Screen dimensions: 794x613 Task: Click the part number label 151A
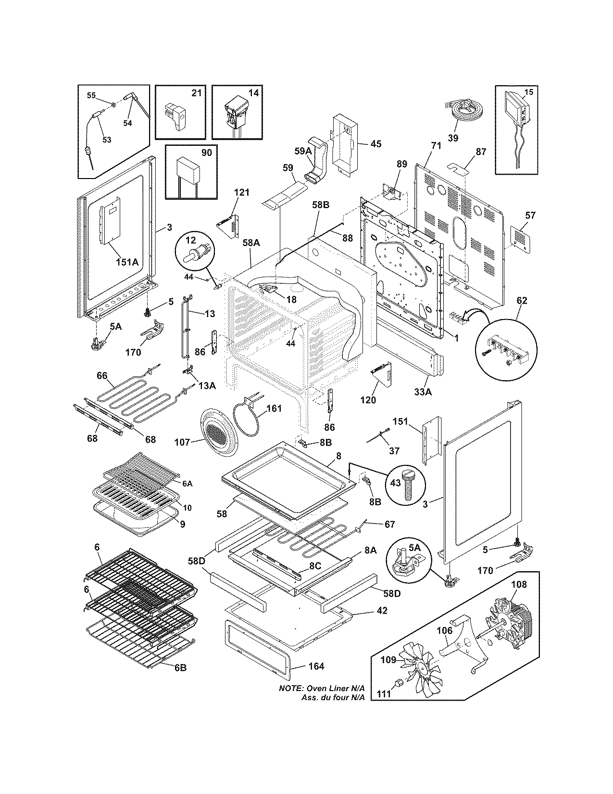tap(127, 262)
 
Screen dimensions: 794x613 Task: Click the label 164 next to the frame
tap(316, 666)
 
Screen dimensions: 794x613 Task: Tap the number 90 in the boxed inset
tap(206, 153)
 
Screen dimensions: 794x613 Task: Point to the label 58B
tap(320, 205)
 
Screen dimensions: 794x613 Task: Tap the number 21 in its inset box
tap(196, 93)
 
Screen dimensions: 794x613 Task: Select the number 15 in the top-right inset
tap(529, 91)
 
